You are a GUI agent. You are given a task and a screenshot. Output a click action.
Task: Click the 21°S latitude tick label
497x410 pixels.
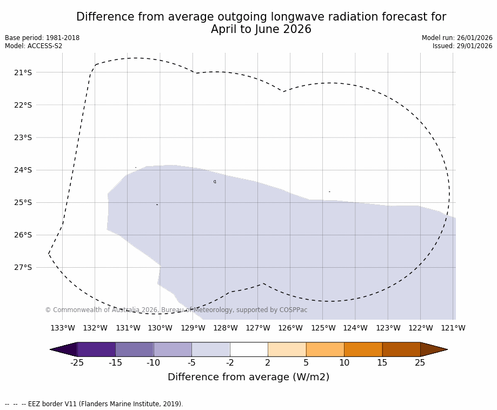(23, 72)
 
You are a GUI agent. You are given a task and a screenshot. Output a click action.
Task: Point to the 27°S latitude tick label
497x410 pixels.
(23, 267)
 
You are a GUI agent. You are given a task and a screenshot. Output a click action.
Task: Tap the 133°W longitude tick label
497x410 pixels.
(63, 328)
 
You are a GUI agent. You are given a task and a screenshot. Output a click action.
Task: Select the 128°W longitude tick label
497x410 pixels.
(225, 328)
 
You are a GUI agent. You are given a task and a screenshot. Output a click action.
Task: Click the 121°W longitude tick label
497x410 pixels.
(453, 328)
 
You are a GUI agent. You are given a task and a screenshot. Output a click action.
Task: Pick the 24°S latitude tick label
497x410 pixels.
(23, 170)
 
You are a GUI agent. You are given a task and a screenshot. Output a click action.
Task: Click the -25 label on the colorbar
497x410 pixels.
(77, 363)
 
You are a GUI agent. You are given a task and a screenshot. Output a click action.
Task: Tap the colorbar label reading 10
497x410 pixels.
(344, 363)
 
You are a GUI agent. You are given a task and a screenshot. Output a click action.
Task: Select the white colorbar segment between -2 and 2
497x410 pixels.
(249, 349)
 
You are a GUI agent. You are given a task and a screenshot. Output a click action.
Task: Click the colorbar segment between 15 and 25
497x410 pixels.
(401, 349)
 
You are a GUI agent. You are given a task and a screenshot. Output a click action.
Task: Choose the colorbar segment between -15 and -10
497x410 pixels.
(134, 349)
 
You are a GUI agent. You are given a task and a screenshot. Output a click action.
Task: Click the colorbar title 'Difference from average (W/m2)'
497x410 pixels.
(248, 377)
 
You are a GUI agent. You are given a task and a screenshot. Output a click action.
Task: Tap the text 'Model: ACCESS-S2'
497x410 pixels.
(34, 46)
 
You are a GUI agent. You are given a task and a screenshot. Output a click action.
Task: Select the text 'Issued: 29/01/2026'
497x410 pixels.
(462, 46)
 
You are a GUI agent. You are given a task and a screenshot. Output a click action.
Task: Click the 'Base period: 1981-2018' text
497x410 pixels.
(42, 38)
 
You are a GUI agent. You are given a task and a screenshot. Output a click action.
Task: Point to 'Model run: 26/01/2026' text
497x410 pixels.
(457, 38)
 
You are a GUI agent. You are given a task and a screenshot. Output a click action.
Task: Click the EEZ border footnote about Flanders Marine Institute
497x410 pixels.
(94, 404)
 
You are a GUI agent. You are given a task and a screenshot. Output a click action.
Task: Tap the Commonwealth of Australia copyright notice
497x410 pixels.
(176, 310)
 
